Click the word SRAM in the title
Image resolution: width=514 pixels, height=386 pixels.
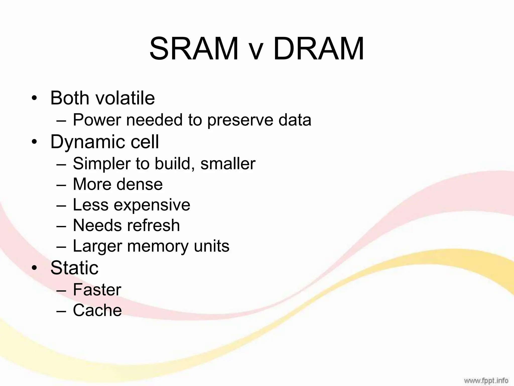coord(194,49)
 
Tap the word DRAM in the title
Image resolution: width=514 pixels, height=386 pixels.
coord(319,49)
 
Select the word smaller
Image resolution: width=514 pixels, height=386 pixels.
coord(228,164)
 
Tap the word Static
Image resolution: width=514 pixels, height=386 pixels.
coord(74,268)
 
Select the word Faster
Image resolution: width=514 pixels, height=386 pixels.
coord(97,289)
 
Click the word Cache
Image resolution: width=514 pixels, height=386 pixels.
coord(97,310)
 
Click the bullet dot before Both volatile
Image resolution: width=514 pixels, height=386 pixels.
coord(34,98)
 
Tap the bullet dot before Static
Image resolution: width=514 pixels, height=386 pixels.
coord(34,268)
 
